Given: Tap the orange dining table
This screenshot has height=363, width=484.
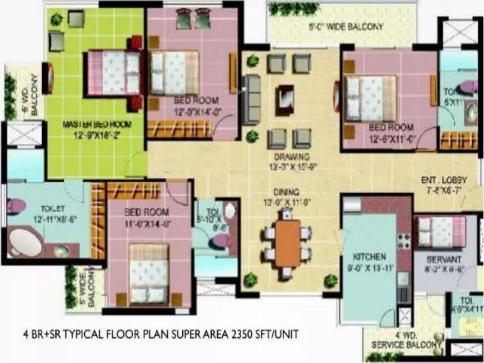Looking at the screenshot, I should [x=288, y=243].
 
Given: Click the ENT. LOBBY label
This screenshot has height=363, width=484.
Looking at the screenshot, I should [x=444, y=180].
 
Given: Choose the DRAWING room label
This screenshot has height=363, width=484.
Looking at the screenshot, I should [x=291, y=157].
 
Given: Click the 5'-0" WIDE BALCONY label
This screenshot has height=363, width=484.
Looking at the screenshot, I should [x=346, y=27].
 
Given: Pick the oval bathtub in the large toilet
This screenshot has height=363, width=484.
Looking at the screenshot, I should [x=25, y=243].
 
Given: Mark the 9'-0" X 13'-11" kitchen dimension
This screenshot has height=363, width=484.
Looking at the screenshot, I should [x=368, y=267].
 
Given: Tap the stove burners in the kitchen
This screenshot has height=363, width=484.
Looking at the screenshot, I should [x=404, y=241].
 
